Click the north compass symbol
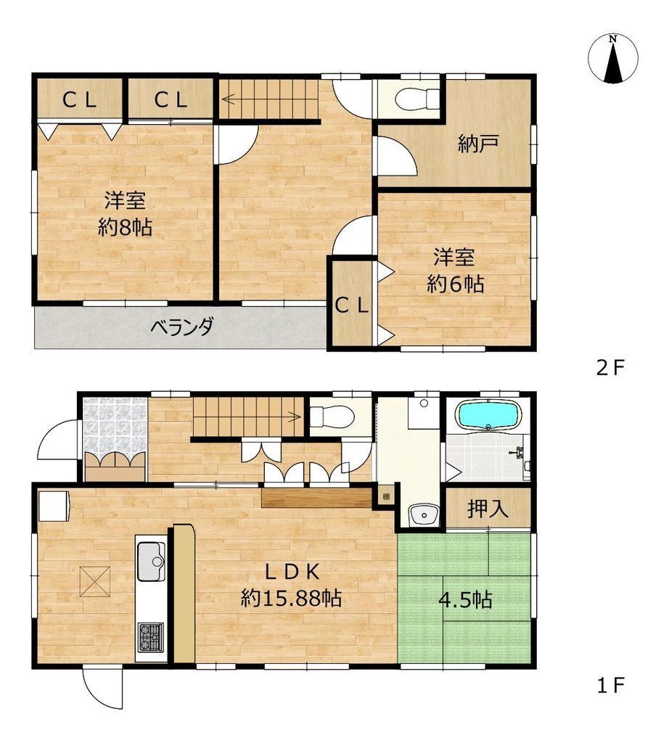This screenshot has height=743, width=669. pos(612,59)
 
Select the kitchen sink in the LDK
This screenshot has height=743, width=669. pos(151,561)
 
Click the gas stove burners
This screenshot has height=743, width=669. pos(151,637)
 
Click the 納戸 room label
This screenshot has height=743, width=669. pos(478,144)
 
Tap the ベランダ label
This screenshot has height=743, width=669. pos(182,327)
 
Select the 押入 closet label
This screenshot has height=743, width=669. pos(488,509)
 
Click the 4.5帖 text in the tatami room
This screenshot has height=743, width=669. pos(465,600)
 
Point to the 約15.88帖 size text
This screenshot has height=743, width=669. pos(291,599)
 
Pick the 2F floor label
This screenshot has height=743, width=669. pos(611,368)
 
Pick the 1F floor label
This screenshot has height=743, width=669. pos(611,685)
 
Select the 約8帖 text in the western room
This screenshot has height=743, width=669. pos(125,227)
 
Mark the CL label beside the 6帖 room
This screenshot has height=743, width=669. pos(352,307)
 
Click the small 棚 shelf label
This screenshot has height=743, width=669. pos(386,496)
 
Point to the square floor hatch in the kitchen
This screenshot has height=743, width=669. pos(96,582)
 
